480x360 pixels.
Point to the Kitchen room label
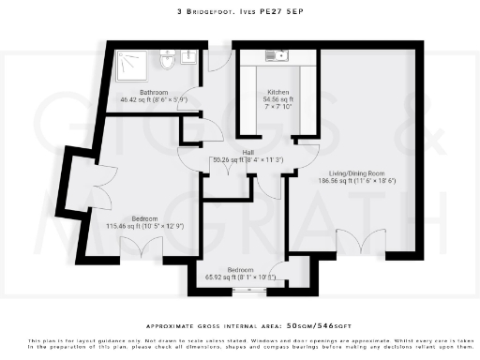[278, 92]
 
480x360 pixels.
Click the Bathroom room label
[154, 92]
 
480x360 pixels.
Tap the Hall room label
[248, 152]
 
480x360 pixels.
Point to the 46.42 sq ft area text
[154, 98]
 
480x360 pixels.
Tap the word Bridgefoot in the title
[213, 11]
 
